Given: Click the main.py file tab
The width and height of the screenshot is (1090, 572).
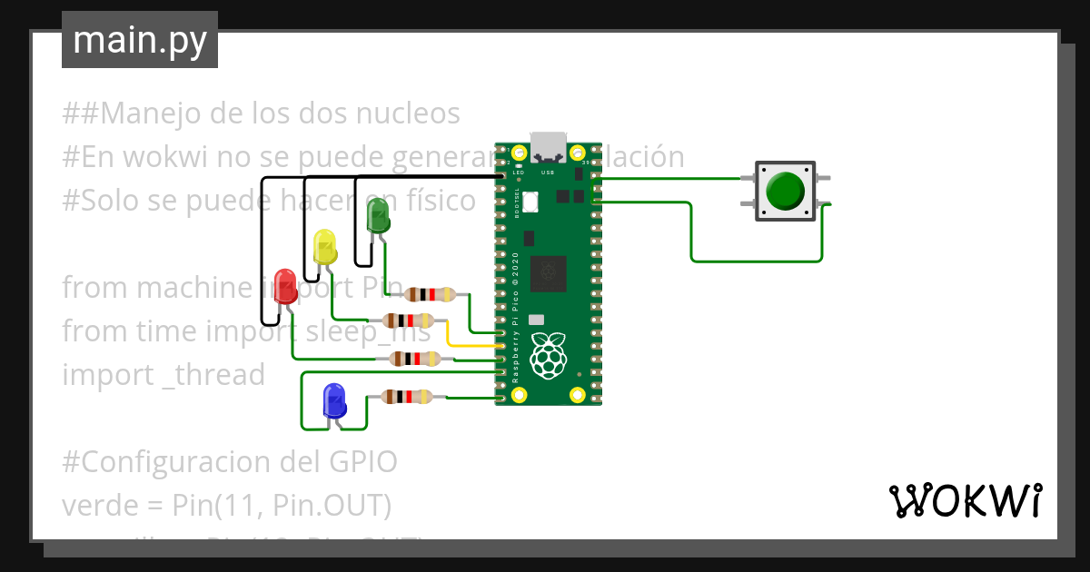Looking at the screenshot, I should [x=140, y=40].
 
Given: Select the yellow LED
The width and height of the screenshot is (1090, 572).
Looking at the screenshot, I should [x=324, y=245].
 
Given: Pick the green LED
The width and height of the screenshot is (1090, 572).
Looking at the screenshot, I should [x=377, y=216].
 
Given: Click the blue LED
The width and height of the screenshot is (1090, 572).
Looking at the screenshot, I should [x=334, y=400].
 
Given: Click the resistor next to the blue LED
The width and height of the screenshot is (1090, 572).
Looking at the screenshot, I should [x=407, y=397].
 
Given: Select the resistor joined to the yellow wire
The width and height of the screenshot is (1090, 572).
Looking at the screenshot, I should [x=409, y=321].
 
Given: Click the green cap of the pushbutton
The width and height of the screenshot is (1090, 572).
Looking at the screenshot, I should [x=785, y=191].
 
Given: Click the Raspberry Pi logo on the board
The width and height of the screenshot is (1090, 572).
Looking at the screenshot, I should [x=547, y=355].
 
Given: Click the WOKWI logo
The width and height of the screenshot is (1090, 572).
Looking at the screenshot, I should [x=965, y=500].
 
